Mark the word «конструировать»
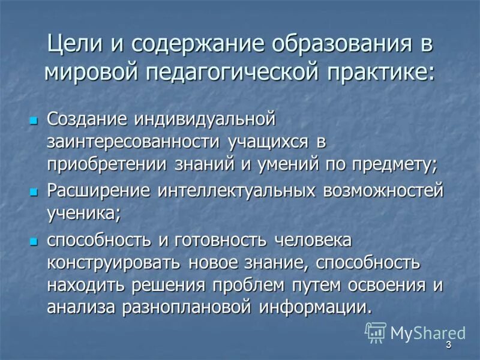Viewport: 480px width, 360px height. click(x=114, y=263)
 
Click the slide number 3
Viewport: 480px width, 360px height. click(x=448, y=346)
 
